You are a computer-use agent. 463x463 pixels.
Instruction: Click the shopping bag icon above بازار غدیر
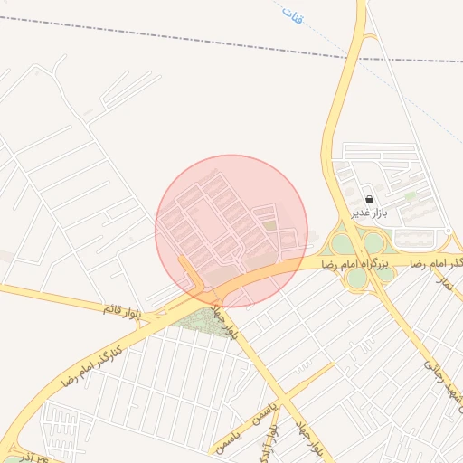pos(369,199)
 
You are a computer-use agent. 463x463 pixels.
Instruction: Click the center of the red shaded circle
pos(231,231)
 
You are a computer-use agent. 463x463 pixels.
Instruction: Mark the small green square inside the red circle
pos(269,225)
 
